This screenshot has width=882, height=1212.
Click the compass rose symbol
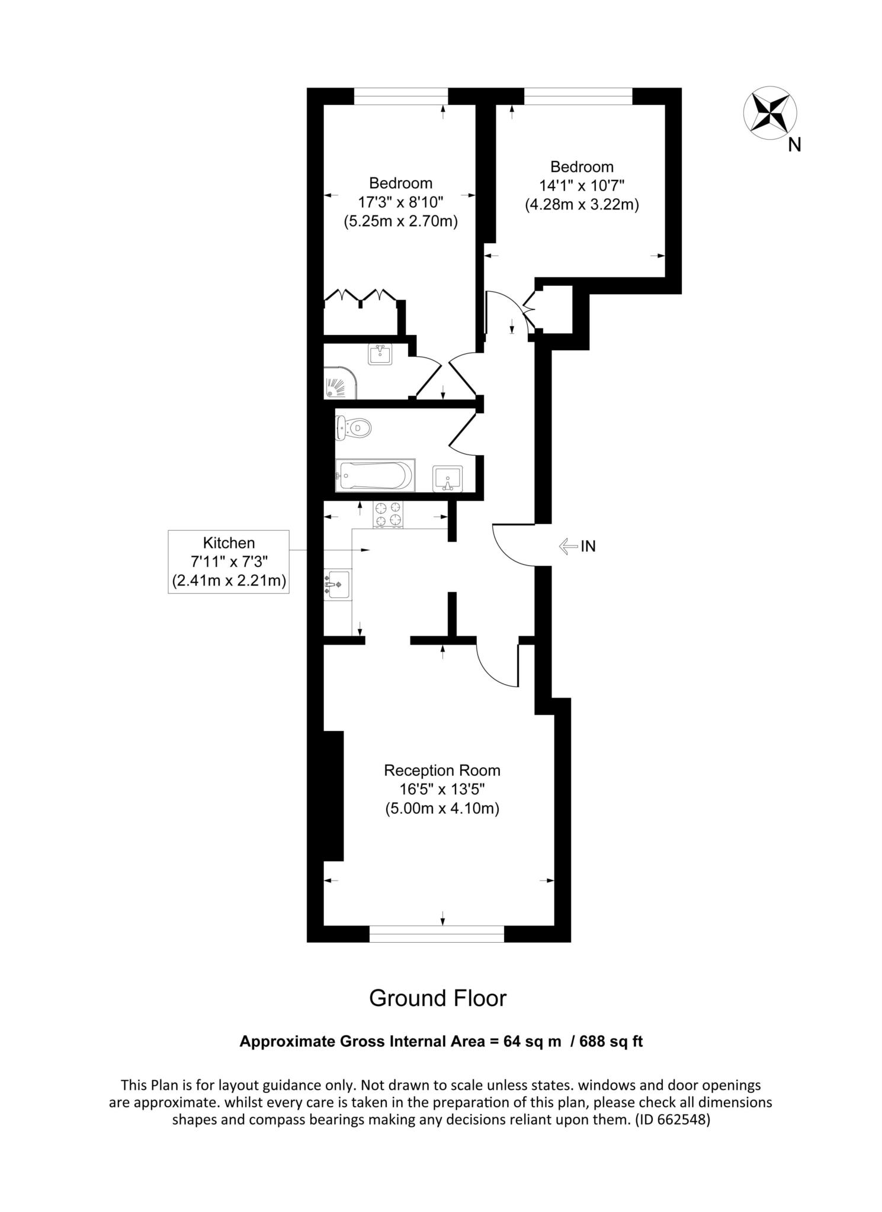coord(769,114)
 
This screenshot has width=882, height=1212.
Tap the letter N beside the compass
coord(794,145)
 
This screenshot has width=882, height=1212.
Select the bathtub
coord(375,475)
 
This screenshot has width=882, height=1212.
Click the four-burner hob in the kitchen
coord(387,514)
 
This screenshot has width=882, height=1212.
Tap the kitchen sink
coord(337,585)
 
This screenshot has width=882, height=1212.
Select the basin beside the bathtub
coord(448,478)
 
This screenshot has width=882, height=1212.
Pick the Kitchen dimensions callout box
coord(229,562)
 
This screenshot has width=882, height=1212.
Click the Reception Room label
coord(442,771)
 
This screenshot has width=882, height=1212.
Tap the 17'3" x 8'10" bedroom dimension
coord(400,202)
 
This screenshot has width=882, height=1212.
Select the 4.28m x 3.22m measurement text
coord(582,205)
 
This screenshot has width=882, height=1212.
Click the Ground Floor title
coord(438,998)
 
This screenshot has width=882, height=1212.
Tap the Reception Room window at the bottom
coord(437,933)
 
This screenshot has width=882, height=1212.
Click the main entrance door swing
coord(512,544)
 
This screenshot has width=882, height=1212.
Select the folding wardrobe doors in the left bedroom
coord(360,296)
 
